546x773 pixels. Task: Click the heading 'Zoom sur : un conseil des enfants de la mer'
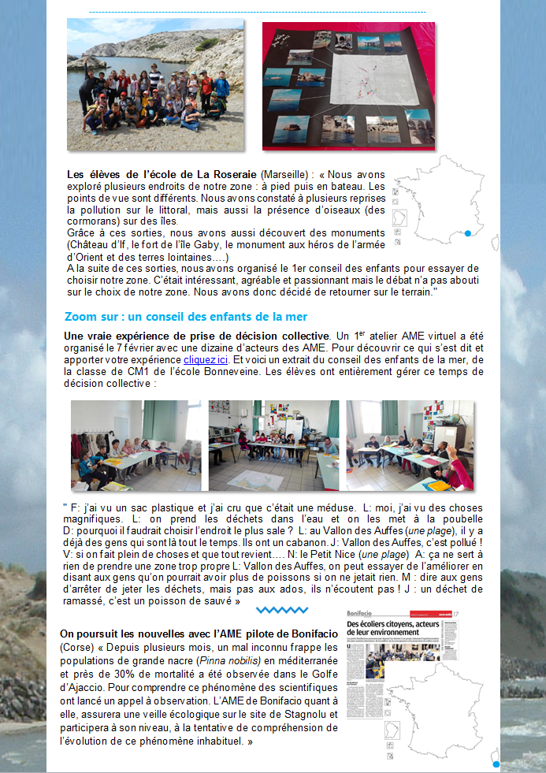(x=185, y=317)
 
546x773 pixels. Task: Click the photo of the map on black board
(x=348, y=85)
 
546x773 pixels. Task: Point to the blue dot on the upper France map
(x=468, y=233)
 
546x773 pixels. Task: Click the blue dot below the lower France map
(x=496, y=764)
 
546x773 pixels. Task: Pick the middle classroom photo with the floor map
(x=273, y=445)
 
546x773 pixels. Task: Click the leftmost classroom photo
(x=136, y=445)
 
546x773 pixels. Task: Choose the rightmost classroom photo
(x=410, y=445)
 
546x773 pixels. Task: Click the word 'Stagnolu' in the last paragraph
(x=299, y=715)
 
